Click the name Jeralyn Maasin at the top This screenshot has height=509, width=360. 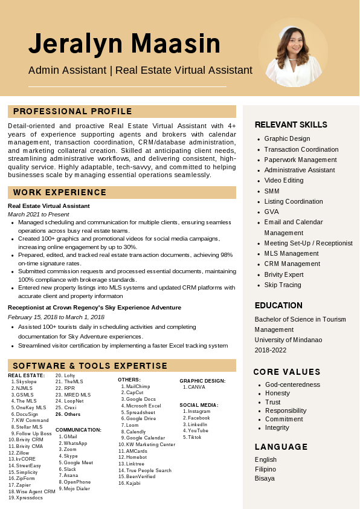tap(124, 44)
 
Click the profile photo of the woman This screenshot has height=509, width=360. tap(293, 53)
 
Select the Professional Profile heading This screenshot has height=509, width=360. tap(72, 111)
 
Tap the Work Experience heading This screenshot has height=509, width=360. tap(60, 192)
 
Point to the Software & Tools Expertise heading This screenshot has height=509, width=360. tap(90, 366)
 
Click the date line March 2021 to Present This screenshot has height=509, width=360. tap(39, 214)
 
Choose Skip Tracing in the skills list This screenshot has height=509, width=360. tap(283, 285)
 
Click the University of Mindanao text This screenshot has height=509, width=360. tap(288, 340)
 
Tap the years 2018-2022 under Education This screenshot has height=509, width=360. tap(271, 350)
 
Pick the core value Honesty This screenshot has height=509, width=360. tap(277, 393)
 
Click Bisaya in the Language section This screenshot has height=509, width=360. tap(265, 478)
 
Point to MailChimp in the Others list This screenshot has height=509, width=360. tap(138, 386)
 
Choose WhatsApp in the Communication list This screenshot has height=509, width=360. tap(75, 443)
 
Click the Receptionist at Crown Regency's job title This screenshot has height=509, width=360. tap(94, 307)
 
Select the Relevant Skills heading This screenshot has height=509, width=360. tap(291, 125)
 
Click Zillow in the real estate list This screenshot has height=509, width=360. tap(22, 453)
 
